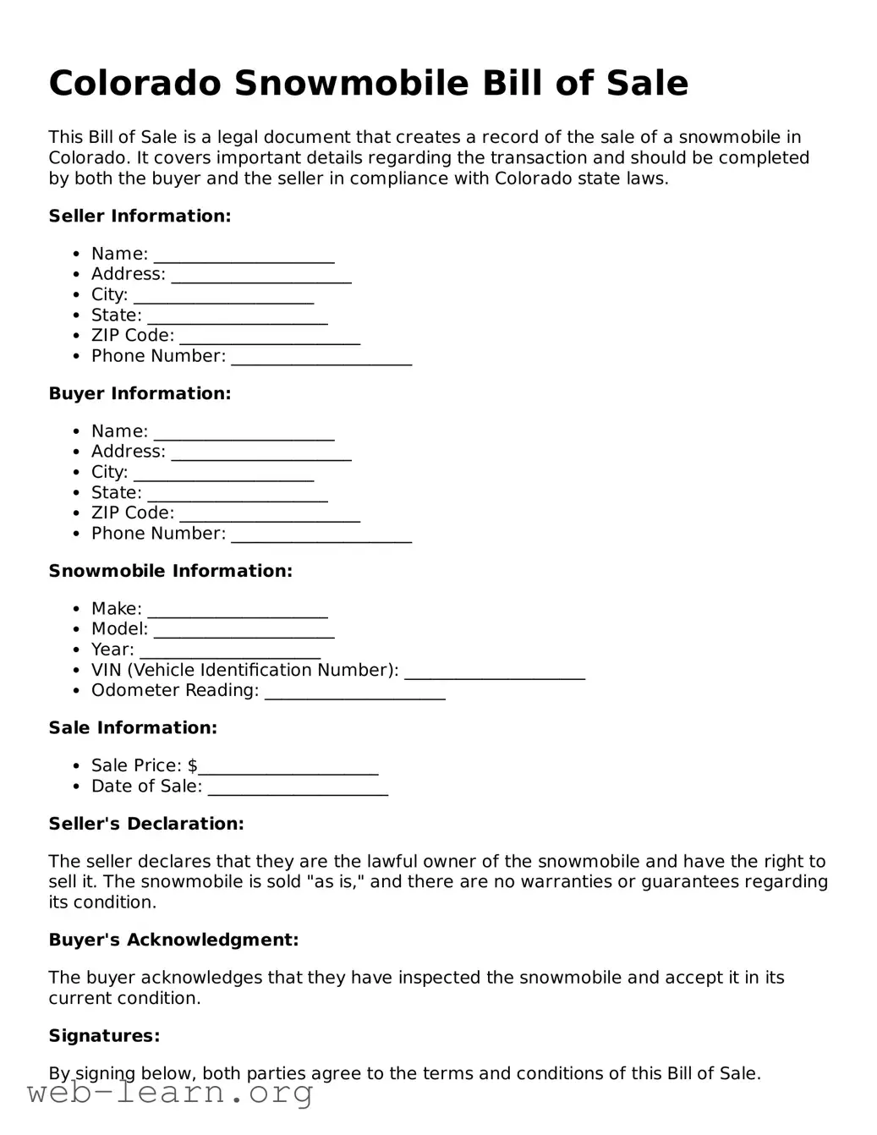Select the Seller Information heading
(140, 217)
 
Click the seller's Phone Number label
(158, 356)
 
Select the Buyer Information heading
(140, 394)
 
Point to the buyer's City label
(109, 472)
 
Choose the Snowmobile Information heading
(170, 572)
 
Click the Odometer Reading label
(174, 691)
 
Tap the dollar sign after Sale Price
(192, 766)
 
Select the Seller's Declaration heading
(146, 824)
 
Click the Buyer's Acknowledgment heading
(173, 940)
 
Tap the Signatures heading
(104, 1036)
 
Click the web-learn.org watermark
(170, 1094)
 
